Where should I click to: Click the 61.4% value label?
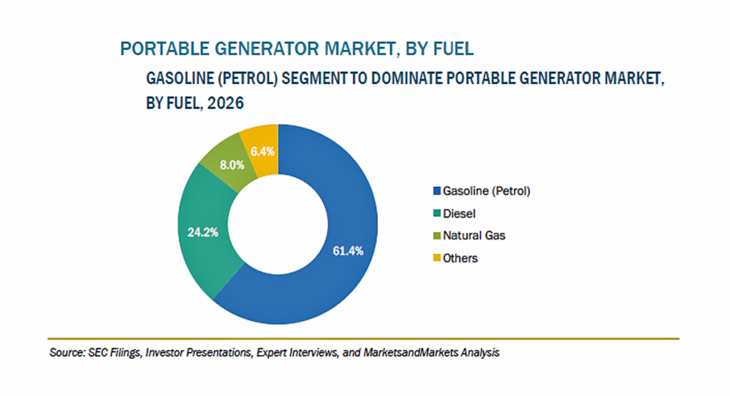348,251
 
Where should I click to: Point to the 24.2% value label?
203,232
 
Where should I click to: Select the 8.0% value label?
232,165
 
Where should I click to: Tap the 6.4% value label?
262,151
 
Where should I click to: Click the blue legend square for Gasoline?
437,191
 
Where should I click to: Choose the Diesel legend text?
459,213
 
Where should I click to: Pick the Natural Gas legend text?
474,235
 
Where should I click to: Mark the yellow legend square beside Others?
437,258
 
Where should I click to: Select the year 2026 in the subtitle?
225,103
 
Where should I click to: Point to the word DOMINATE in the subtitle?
406,78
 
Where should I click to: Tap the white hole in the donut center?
278,225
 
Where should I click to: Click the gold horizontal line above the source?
364,339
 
